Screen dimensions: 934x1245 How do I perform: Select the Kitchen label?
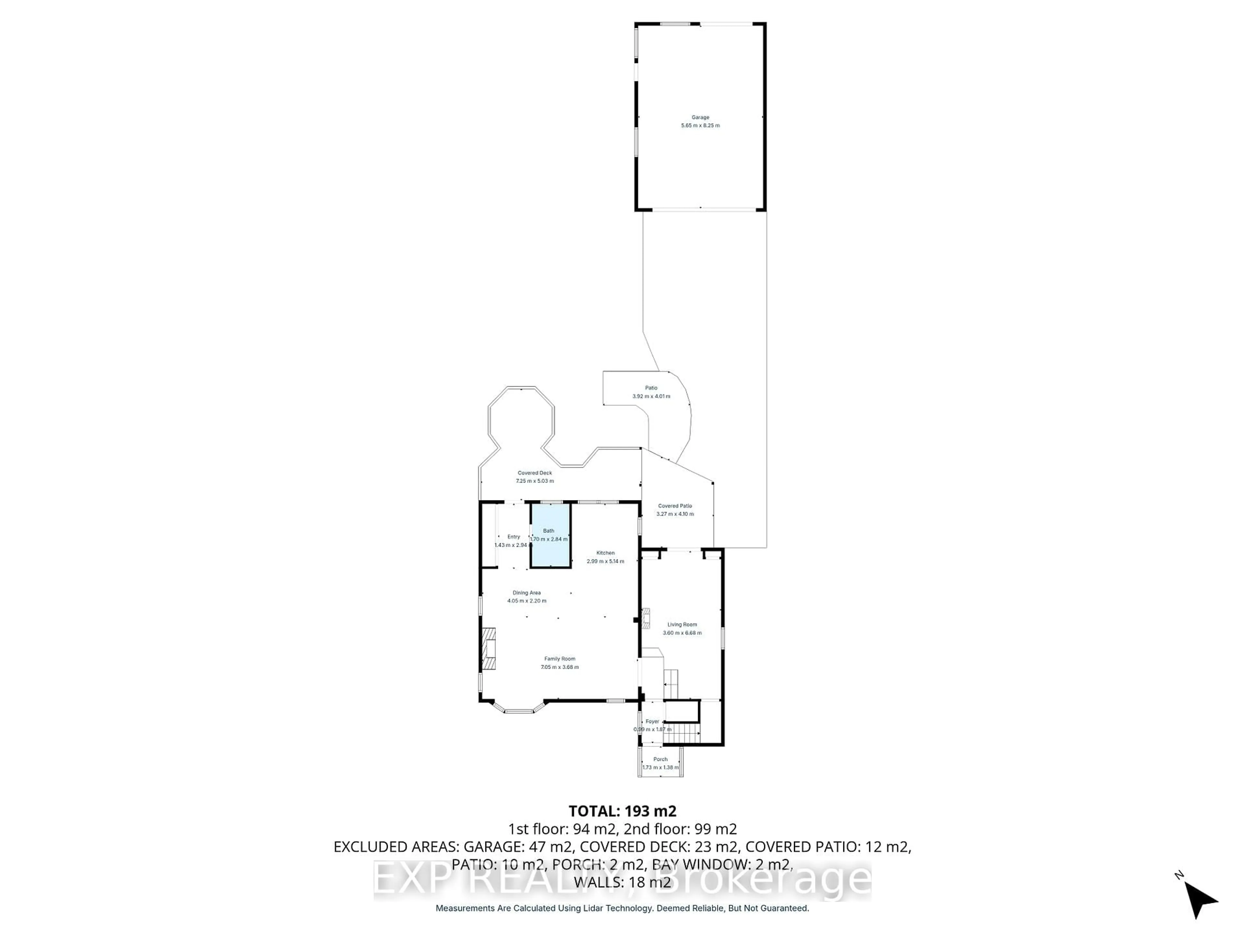coord(606,553)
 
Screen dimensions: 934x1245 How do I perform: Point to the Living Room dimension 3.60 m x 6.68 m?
coord(682,633)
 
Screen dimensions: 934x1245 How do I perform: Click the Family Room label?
coord(560,659)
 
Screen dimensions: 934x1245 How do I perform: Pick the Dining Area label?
coord(526,593)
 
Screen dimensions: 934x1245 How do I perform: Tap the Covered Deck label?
coord(535,473)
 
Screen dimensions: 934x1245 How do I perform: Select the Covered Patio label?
coord(675,506)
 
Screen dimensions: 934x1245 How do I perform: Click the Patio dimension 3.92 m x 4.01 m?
coord(651,396)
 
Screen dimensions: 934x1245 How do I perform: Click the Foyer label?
coord(652,721)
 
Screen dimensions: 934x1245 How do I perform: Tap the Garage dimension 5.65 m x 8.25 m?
coord(700,126)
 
